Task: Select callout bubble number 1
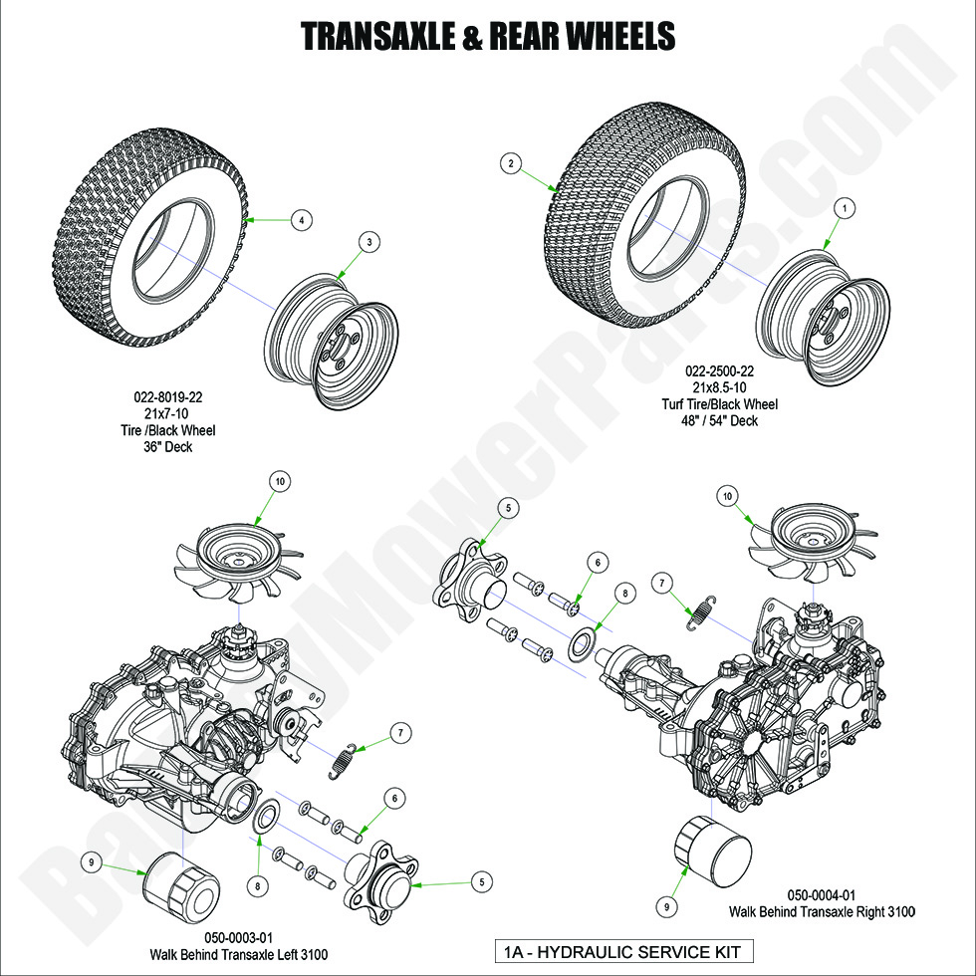pyautogui.click(x=845, y=208)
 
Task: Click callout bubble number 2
pyautogui.click(x=511, y=164)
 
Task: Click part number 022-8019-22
pyautogui.click(x=174, y=396)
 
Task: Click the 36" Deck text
pyautogui.click(x=174, y=447)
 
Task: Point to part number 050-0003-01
pyautogui.click(x=238, y=938)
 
